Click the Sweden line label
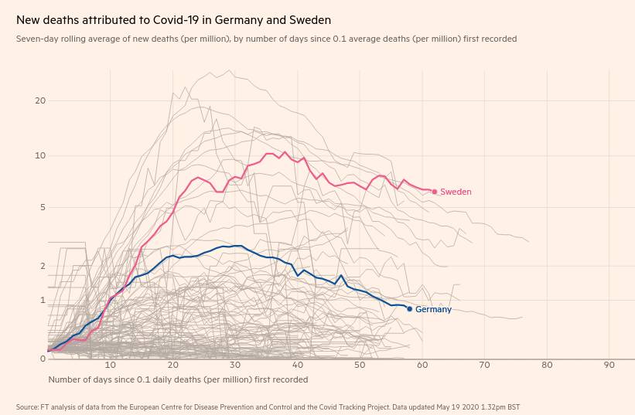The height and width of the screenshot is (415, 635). click(456, 192)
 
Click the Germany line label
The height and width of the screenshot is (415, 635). click(433, 310)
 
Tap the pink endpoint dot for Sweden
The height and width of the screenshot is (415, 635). click(435, 192)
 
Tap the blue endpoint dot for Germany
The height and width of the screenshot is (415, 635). click(409, 309)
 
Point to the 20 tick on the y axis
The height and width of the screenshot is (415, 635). click(40, 101)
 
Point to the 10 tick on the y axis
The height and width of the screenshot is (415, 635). click(40, 156)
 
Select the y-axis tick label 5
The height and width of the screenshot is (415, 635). click(43, 208)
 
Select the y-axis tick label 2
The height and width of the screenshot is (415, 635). click(43, 267)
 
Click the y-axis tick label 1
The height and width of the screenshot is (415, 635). click(43, 301)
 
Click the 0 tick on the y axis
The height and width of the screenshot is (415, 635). click(43, 359)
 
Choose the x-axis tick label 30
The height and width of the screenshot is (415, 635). click(235, 365)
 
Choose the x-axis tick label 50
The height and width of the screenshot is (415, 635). click(360, 365)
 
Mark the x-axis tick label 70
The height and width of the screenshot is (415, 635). click(484, 365)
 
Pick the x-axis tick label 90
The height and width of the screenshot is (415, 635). click(609, 365)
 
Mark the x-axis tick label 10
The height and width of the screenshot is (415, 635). click(111, 365)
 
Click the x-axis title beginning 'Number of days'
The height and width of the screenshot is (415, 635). click(178, 379)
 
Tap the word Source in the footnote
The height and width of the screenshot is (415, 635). click(27, 406)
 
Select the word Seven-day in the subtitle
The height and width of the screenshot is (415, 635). click(36, 39)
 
